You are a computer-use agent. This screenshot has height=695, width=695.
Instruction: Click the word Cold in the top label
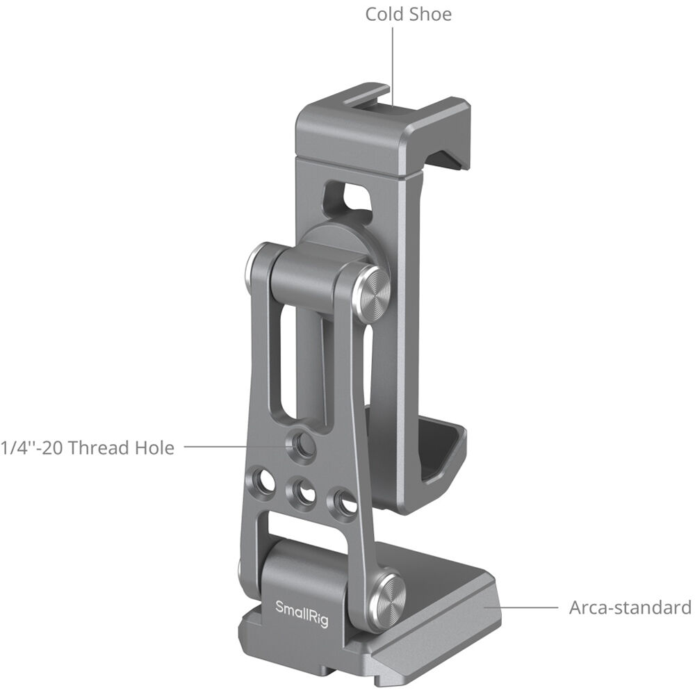pos(386,14)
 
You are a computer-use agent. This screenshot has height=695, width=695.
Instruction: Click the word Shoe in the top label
pos(430,14)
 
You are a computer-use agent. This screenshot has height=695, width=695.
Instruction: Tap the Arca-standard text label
pos(630,607)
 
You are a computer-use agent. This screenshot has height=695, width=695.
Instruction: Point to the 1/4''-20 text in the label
pos(27,448)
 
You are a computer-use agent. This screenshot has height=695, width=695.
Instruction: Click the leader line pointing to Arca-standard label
pos(521,607)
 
